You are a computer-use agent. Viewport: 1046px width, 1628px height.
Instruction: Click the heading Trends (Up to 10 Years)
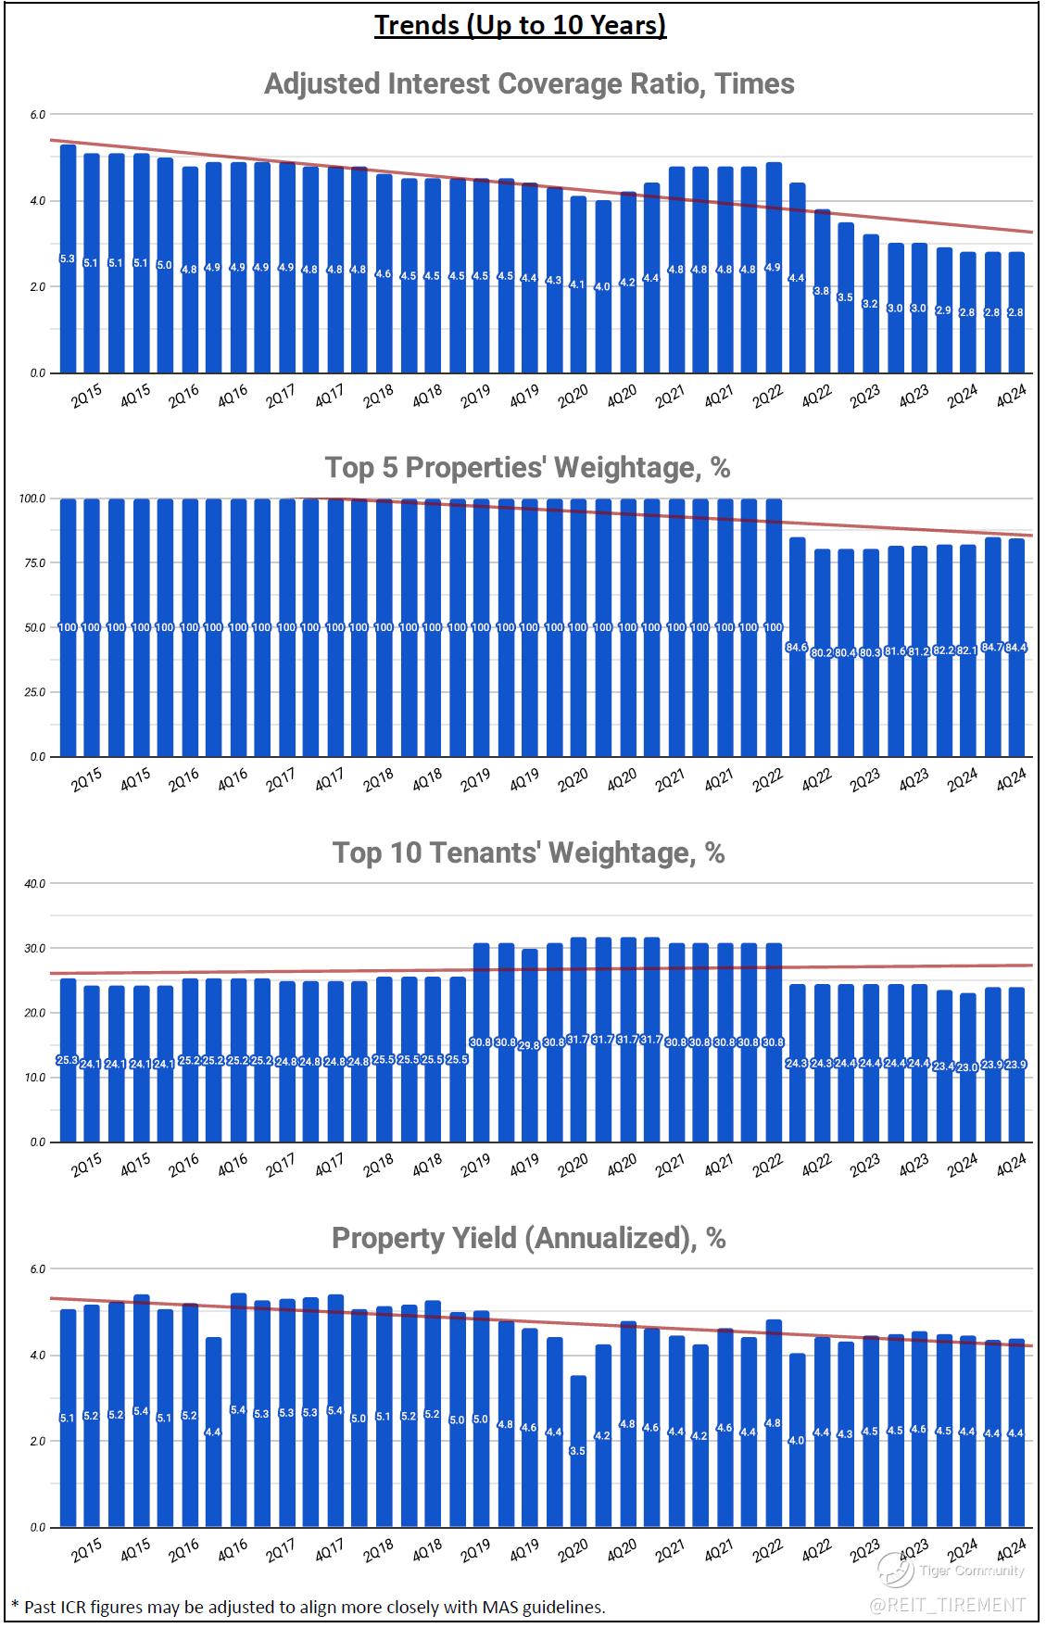(520, 25)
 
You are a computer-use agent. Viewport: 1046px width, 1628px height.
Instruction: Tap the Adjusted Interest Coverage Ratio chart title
(529, 84)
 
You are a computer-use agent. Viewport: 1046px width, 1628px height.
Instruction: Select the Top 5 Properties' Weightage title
(527, 468)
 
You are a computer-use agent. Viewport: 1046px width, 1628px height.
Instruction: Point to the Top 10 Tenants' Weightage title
(528, 852)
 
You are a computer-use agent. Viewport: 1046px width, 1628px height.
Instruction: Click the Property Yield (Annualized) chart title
(528, 1238)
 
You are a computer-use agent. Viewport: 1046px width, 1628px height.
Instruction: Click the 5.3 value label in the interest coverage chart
(68, 259)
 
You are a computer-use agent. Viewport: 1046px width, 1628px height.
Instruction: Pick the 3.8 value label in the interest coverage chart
(821, 291)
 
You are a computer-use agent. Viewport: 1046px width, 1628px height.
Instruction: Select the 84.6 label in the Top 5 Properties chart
(796, 647)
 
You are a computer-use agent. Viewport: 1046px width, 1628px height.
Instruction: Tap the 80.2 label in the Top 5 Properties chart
(821, 652)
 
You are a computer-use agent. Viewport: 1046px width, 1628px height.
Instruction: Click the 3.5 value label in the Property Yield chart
(577, 1451)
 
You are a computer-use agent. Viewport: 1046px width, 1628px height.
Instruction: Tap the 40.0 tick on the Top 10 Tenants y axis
(34, 884)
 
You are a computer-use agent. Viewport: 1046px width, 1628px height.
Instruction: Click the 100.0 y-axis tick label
(32, 498)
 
